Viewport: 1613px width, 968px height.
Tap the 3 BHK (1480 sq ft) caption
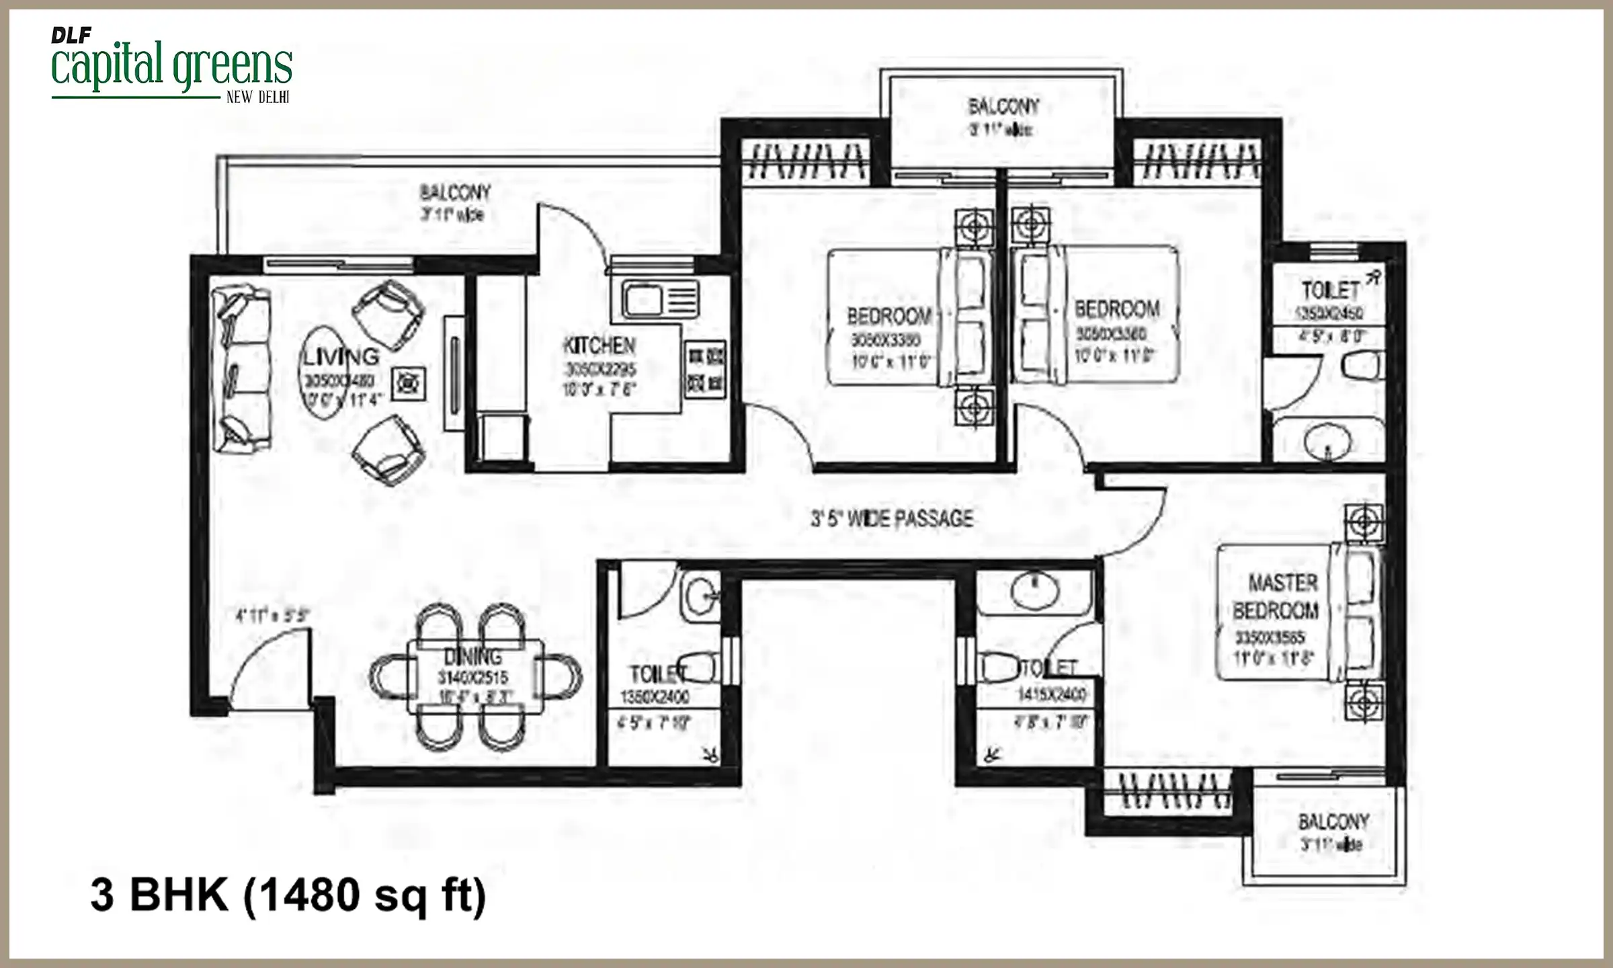[x=288, y=895]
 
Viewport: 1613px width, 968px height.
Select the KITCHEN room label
[x=599, y=346]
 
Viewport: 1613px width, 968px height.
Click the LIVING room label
[x=341, y=356]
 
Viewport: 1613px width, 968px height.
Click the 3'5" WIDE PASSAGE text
[x=892, y=519]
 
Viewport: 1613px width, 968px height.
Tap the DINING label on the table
[x=472, y=657]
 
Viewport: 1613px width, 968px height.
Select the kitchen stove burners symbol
[x=704, y=369]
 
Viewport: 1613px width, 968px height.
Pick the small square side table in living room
[x=409, y=384]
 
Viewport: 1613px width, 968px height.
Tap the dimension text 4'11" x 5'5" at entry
[x=272, y=615]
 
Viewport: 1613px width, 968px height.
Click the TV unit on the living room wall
[x=454, y=374]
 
